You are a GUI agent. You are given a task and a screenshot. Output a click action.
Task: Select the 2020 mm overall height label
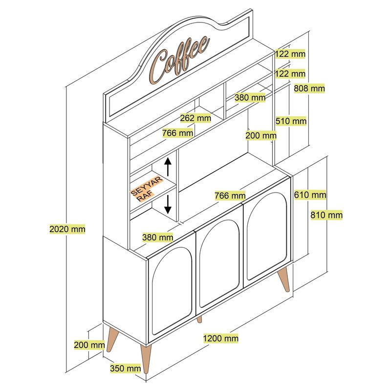pyautogui.click(x=67, y=228)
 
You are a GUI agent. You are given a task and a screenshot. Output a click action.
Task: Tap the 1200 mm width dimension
pyautogui.click(x=221, y=338)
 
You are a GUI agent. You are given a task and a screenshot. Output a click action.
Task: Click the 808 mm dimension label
pyautogui.click(x=309, y=88)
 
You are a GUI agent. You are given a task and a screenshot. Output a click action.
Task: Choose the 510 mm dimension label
pyautogui.click(x=291, y=121)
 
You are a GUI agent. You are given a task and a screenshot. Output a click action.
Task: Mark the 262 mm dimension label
pyautogui.click(x=195, y=118)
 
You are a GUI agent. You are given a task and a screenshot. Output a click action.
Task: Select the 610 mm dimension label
pyautogui.click(x=310, y=195)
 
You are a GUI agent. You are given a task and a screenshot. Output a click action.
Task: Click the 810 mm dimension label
pyautogui.click(x=326, y=215)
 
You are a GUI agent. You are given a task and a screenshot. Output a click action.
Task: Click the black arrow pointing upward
pyautogui.click(x=168, y=167)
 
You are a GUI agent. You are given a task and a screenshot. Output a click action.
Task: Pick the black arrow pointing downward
pyautogui.click(x=168, y=203)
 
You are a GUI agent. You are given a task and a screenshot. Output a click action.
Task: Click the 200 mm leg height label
pyautogui.click(x=89, y=345)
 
